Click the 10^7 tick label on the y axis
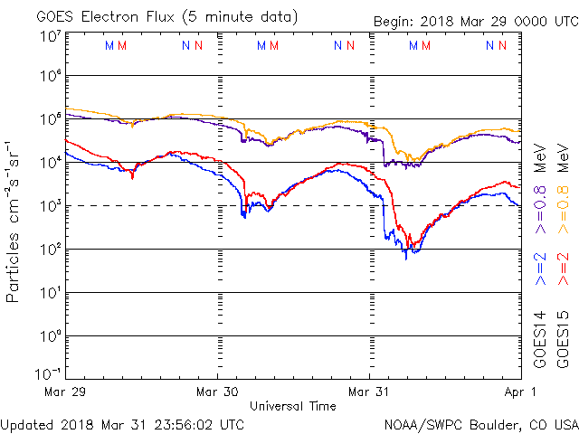pos(49,37)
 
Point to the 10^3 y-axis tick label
pos(49,206)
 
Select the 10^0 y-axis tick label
pos(49,336)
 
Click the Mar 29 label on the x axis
pos(66,392)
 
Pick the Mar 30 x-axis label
pos(218,392)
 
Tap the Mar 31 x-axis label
pos(370,392)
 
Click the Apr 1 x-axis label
pos(519,392)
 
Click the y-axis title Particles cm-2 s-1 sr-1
pos(15,221)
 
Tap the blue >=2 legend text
pos(540,269)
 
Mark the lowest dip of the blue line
pos(406,259)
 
